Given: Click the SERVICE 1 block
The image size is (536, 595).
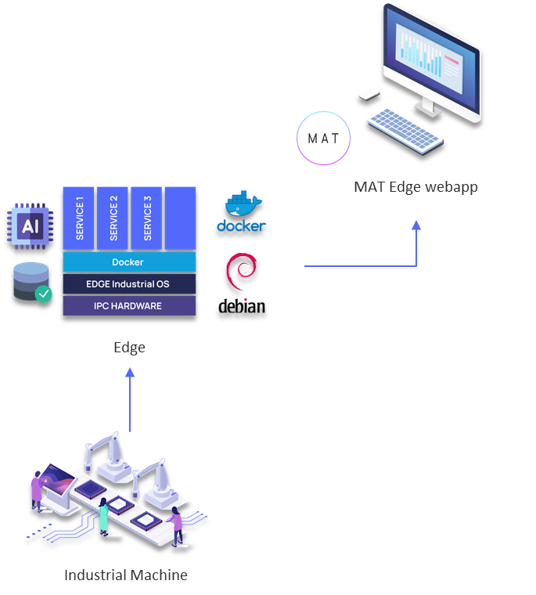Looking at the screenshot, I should [78, 218].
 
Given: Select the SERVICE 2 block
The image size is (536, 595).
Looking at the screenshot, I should [113, 218].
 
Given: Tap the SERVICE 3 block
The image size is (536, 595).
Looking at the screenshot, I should [146, 218].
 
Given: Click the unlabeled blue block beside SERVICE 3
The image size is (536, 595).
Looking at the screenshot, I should [181, 218].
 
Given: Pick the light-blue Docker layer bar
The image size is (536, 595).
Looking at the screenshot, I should [129, 262].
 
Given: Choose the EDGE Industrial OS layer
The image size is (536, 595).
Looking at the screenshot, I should [129, 283].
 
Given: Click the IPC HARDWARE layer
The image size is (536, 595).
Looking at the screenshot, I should [129, 305].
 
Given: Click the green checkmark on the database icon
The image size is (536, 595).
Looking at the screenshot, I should [44, 294].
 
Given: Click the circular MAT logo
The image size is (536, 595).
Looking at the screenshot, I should [323, 139].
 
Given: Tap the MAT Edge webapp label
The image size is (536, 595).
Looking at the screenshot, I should [415, 186].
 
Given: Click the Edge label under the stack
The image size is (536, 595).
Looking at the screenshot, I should [129, 348].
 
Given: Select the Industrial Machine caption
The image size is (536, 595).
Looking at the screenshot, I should [126, 575].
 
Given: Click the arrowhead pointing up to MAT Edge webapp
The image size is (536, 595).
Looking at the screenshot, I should [416, 225].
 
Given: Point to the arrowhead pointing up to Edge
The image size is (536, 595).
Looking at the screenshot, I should [130, 373].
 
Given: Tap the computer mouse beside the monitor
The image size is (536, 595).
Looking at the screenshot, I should [368, 93].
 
